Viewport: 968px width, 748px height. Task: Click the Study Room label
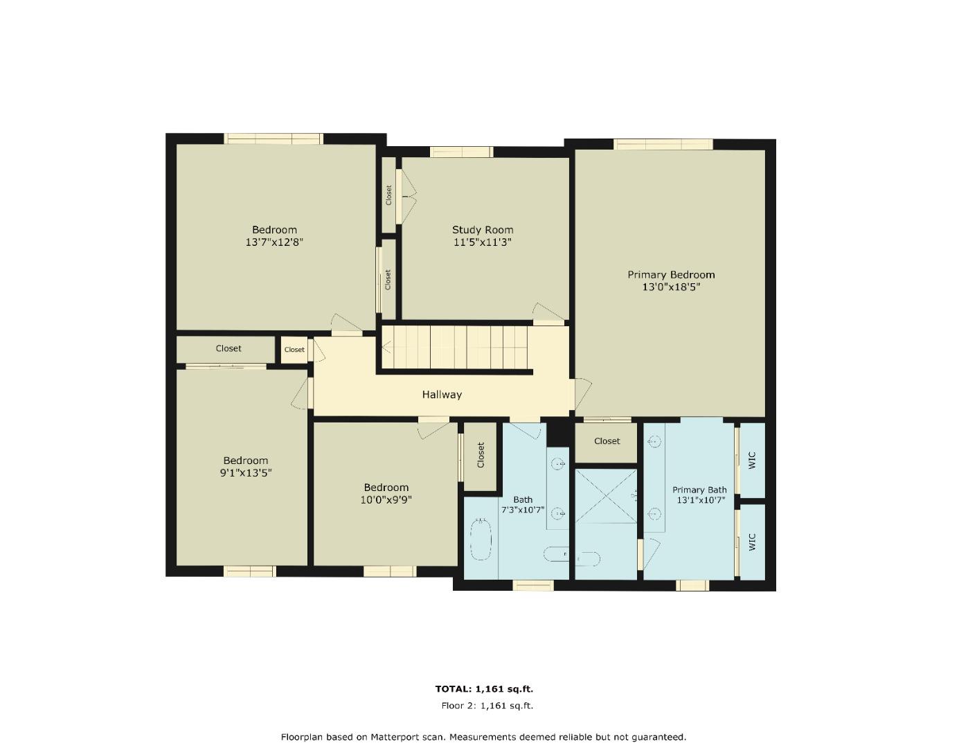coord(483,230)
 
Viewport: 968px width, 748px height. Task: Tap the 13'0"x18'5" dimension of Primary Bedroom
coord(671,287)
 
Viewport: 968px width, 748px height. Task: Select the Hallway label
coord(442,395)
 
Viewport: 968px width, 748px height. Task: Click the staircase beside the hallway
coord(456,348)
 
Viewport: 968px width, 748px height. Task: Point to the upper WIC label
coord(753,460)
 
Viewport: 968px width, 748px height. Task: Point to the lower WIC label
coord(753,542)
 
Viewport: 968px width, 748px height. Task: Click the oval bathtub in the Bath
coord(480,540)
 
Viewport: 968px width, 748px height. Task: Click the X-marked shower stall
coord(606,496)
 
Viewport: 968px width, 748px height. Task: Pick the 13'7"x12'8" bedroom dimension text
coord(274,242)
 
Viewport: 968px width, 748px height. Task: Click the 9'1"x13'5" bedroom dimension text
coord(245,473)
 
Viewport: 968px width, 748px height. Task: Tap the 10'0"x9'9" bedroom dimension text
coord(386,499)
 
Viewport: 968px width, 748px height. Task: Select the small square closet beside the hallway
coord(294,350)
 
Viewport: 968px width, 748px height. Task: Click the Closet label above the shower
coord(607,441)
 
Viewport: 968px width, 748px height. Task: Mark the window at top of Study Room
coord(461,152)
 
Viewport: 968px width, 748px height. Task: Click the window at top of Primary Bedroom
coord(663,145)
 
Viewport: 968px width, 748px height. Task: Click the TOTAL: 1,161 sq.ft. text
coord(483,689)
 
